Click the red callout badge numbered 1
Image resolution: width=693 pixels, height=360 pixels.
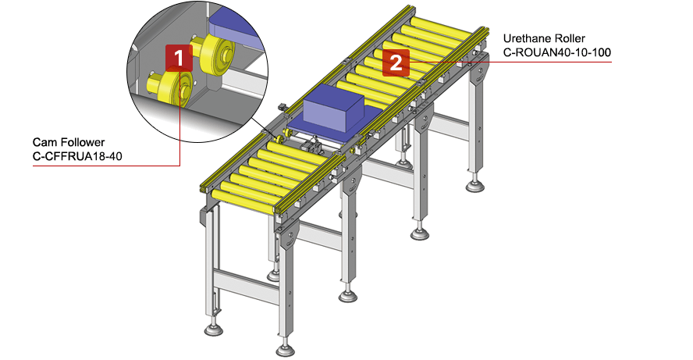coord(178,57)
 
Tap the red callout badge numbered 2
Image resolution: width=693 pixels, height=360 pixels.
coord(396,62)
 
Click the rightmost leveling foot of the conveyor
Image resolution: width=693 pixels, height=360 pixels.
coord(474,185)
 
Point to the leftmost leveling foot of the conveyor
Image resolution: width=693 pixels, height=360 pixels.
coord(212,327)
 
